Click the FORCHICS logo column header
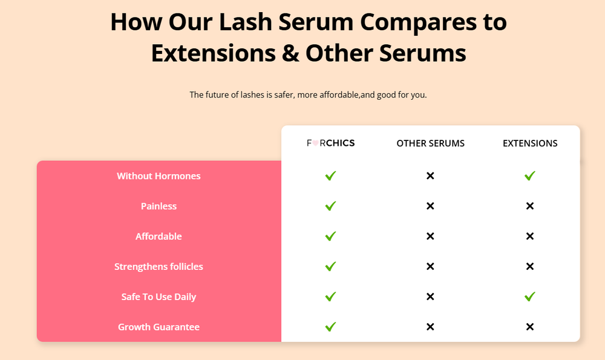pyautogui.click(x=330, y=143)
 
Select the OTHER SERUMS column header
pyautogui.click(x=430, y=143)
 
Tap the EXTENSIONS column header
pyautogui.click(x=530, y=143)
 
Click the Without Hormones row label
pyautogui.click(x=159, y=176)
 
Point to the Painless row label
pyautogui.click(x=159, y=206)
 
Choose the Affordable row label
pyautogui.click(x=159, y=237)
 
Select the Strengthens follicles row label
pyautogui.click(x=159, y=267)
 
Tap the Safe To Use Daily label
pyautogui.click(x=159, y=297)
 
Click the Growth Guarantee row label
pyautogui.click(x=159, y=327)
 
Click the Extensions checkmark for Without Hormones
pyautogui.click(x=530, y=176)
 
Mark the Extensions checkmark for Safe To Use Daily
pyautogui.click(x=530, y=296)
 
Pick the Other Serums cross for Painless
pyautogui.click(x=430, y=206)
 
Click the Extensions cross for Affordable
pyautogui.click(x=530, y=237)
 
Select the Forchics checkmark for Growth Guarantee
pyautogui.click(x=330, y=327)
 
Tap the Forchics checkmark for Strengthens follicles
pyautogui.click(x=330, y=266)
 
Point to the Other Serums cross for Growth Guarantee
pyautogui.click(x=430, y=327)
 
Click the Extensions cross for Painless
pyautogui.click(x=530, y=206)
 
